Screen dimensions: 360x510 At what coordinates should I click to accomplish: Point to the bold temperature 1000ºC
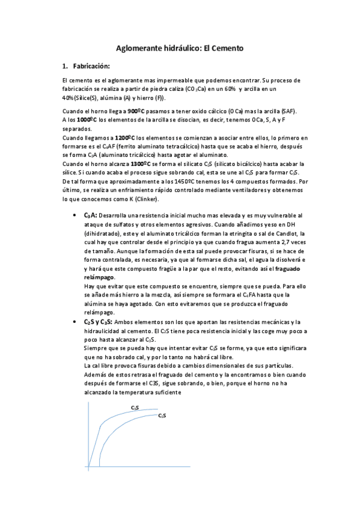[87, 120]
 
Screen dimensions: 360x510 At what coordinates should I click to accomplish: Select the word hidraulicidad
[105, 331]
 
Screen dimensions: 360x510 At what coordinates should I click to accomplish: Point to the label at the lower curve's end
[162, 416]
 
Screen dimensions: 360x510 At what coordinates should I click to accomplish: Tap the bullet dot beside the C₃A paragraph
[73, 215]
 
